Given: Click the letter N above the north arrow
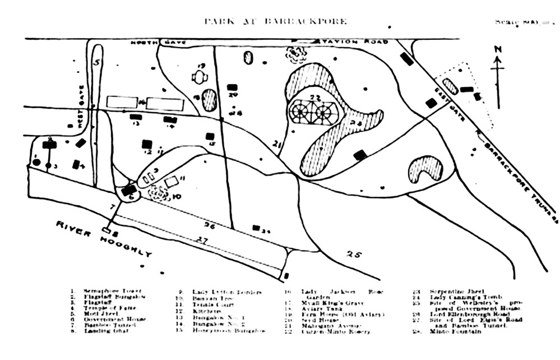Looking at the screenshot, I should click(x=498, y=50).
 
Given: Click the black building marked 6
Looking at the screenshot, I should click(x=128, y=190).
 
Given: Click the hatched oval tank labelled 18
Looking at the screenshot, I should click(x=210, y=99).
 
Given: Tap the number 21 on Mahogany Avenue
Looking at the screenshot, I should click(x=276, y=145).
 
